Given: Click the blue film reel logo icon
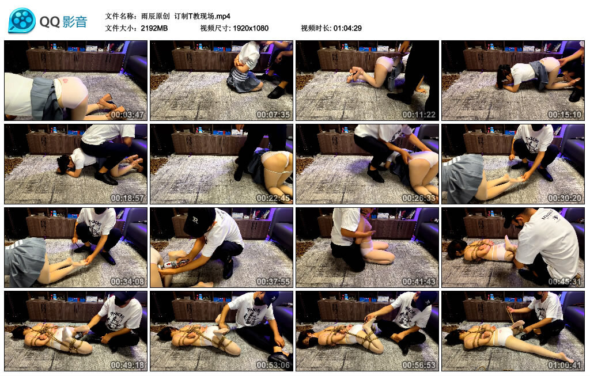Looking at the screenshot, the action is (x=22, y=20).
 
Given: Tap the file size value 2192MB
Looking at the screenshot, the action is (x=154, y=28).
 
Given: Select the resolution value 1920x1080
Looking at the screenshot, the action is (x=251, y=28).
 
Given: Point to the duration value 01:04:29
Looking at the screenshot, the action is (x=347, y=28).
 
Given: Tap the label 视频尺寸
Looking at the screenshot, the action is (x=215, y=28).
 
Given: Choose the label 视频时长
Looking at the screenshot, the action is (x=316, y=28).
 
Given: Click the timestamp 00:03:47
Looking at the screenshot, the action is (x=127, y=115).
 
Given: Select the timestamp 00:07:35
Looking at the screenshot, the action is (x=273, y=115).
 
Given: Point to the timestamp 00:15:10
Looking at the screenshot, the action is (x=565, y=115).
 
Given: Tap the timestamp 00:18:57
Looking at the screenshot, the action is (x=127, y=198).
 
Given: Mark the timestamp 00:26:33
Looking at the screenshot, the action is (x=419, y=198).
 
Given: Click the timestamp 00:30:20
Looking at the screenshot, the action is (x=565, y=198).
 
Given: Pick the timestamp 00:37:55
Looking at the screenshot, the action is (x=273, y=281).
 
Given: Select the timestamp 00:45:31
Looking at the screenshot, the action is (x=565, y=281).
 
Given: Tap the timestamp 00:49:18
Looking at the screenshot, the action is (x=127, y=364).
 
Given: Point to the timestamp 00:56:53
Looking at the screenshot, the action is (x=419, y=364).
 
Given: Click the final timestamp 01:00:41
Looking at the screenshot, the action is (x=565, y=364).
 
